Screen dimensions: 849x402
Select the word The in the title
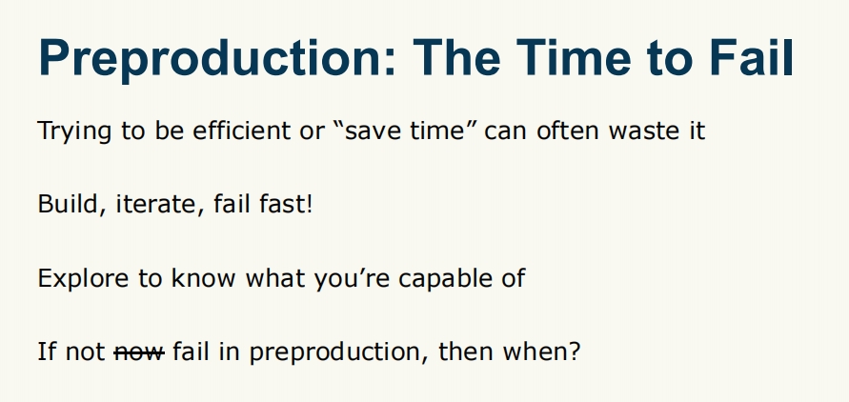(x=455, y=57)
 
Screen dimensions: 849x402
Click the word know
(x=203, y=277)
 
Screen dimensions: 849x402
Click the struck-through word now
(x=139, y=352)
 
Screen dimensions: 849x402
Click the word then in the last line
(x=466, y=352)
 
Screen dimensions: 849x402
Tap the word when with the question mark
(x=541, y=352)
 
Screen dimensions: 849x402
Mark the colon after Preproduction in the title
(x=391, y=62)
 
